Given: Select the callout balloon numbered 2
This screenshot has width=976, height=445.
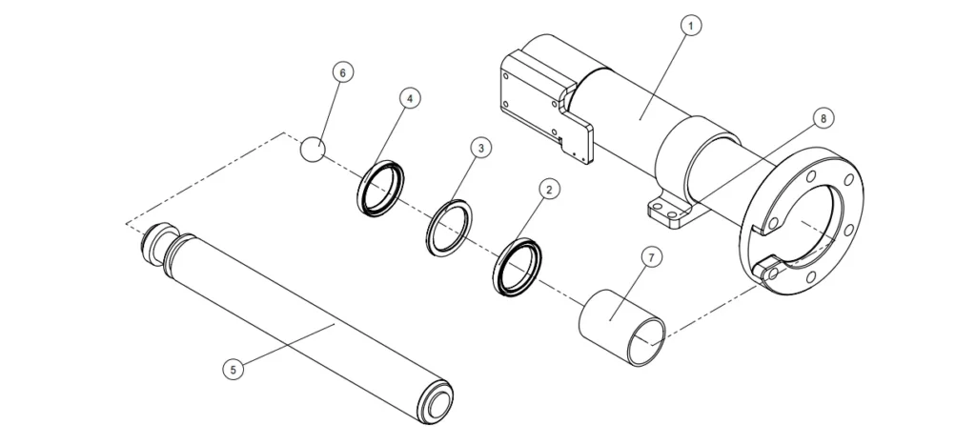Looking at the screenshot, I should [x=547, y=190].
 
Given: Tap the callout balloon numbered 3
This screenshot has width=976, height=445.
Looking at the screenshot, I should [x=481, y=148].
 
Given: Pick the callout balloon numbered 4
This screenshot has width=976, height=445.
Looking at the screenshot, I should [x=408, y=98].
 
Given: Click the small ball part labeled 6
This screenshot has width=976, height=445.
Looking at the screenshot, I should [x=314, y=149].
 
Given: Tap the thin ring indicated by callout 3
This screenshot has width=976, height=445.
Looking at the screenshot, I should [x=448, y=227].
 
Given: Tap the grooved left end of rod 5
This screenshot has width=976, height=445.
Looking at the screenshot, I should [x=155, y=246].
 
